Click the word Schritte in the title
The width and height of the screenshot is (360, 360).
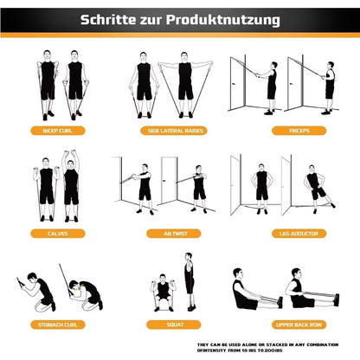pyautogui.click(x=111, y=18)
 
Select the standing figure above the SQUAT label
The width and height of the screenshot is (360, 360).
pyautogui.click(x=190, y=281)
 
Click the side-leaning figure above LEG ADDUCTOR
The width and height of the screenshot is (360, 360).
pyautogui.click(x=318, y=187)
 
